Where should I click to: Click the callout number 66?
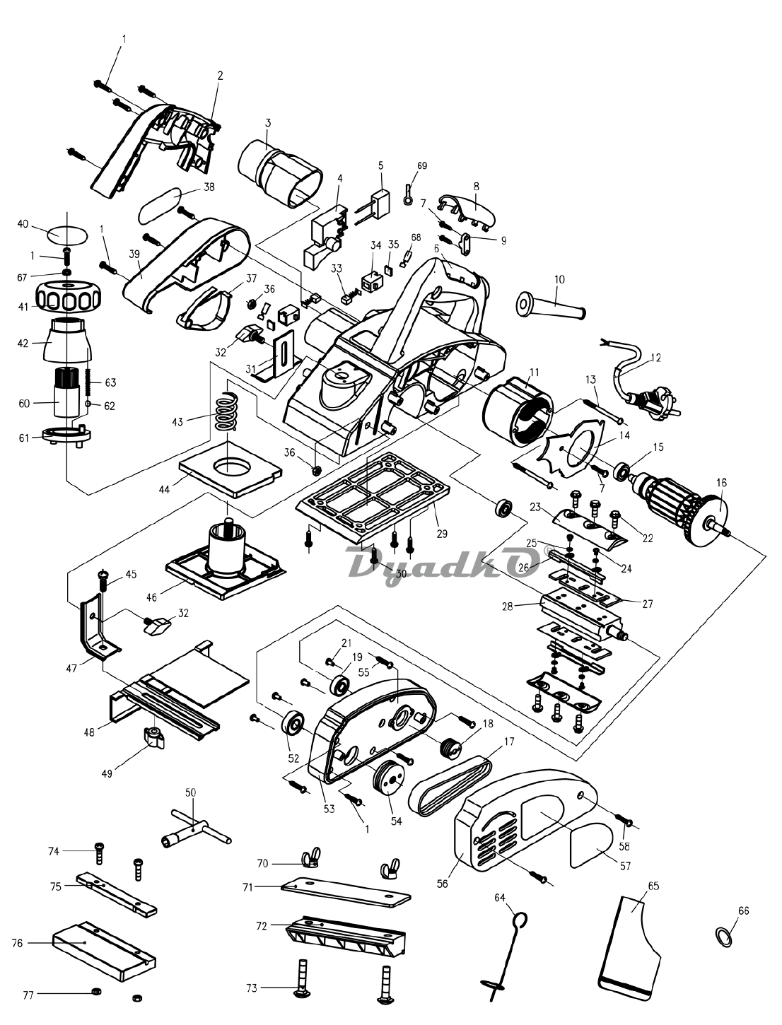(x=743, y=910)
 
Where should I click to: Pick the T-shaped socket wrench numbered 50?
(x=192, y=828)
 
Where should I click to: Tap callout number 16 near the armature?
(x=721, y=482)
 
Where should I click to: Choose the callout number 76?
(x=18, y=943)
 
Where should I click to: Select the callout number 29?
(x=442, y=534)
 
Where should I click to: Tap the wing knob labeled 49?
(x=154, y=739)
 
